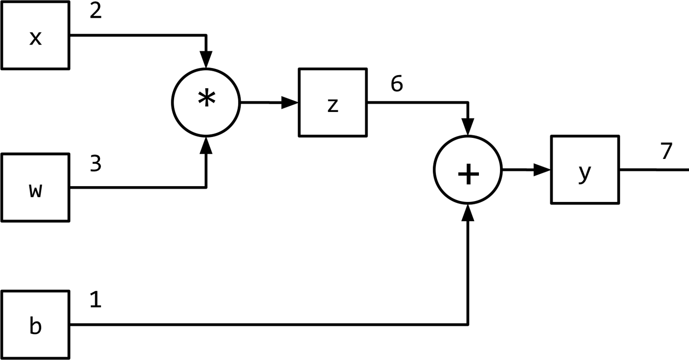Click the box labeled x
[x=35, y=35]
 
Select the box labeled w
[x=35, y=188]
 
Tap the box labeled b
[x=35, y=325]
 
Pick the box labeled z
[x=333, y=102]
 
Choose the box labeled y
[x=585, y=170]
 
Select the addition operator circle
[x=468, y=170]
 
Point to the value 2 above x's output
[x=96, y=11]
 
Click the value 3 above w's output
[x=96, y=164]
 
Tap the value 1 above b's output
[x=96, y=302]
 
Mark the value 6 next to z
[x=397, y=84]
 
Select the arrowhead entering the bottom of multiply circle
[x=206, y=144]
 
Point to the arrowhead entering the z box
[x=290, y=102]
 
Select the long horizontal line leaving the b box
[x=268, y=325]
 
